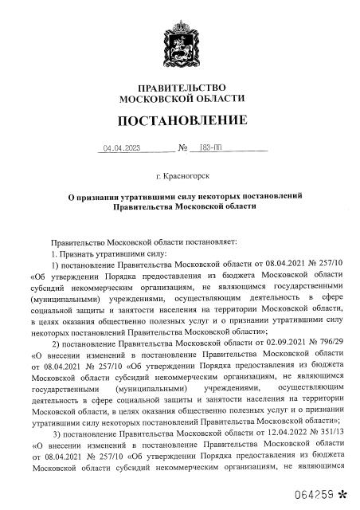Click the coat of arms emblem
179,39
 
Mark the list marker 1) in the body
57,264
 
